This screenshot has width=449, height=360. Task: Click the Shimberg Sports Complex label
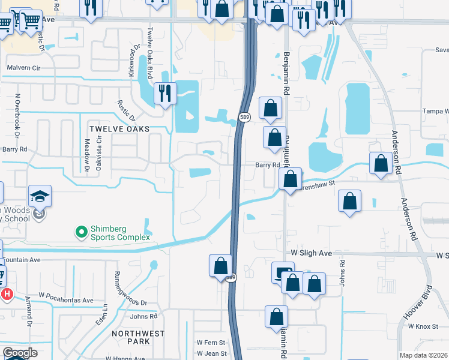(x=119, y=232)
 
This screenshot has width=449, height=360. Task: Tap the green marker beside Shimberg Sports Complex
(x=80, y=231)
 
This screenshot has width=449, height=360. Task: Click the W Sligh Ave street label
(x=312, y=254)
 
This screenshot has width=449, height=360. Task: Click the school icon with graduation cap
(x=40, y=196)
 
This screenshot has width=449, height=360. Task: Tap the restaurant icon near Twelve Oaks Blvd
(x=165, y=93)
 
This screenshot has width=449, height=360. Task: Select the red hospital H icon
(x=7, y=294)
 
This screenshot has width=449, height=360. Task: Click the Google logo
(x=20, y=353)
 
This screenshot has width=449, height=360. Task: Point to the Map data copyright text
(x=424, y=355)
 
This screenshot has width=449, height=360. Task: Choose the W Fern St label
(x=210, y=343)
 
